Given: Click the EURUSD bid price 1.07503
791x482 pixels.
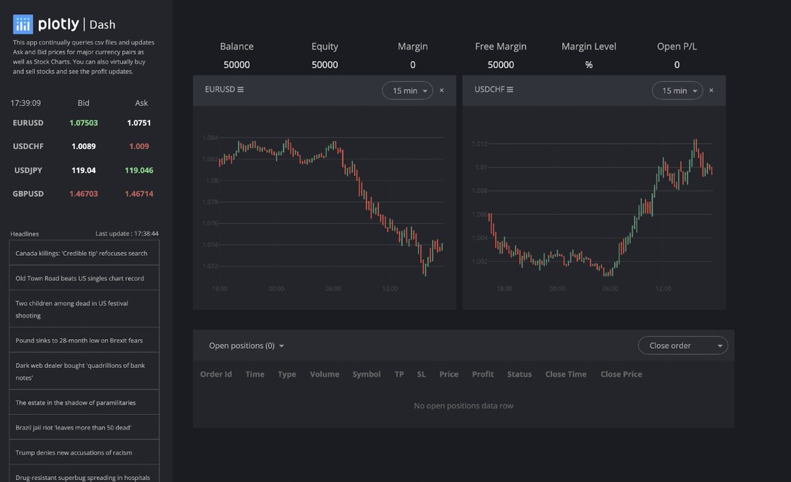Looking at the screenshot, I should click(x=84, y=123).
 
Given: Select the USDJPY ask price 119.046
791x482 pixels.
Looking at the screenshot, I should click(x=138, y=170).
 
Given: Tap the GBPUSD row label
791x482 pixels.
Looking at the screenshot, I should click(x=28, y=194).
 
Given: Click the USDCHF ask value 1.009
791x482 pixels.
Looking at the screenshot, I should click(x=138, y=146).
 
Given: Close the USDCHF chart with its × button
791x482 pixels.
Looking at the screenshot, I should click(x=711, y=91).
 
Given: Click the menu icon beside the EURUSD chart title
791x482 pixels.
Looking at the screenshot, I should click(x=241, y=90).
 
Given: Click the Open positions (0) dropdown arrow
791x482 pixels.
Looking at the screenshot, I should click(x=282, y=346).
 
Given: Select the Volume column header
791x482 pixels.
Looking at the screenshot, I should click(x=324, y=374).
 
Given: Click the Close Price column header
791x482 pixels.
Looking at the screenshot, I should click(x=621, y=374).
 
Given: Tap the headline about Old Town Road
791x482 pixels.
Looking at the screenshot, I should click(x=80, y=278).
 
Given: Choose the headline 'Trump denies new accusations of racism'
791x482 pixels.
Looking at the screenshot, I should click(x=74, y=452).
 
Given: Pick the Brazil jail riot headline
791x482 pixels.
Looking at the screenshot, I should click(x=74, y=427).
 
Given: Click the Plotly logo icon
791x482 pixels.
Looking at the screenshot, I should click(x=23, y=25).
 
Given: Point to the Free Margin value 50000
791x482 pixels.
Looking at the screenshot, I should click(x=500, y=65).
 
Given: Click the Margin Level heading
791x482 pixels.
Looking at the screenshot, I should click(x=589, y=46).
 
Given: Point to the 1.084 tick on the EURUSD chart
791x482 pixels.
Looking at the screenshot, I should click(x=210, y=138).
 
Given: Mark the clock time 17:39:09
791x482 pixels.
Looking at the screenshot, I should click(x=26, y=103).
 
